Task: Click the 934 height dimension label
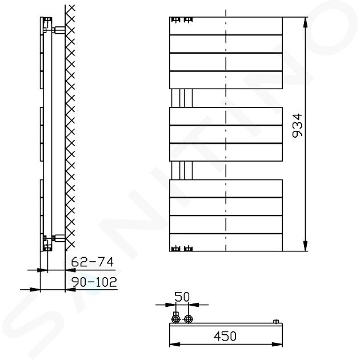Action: point(298,125)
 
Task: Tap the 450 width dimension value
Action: point(225,336)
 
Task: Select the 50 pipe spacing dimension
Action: point(182,297)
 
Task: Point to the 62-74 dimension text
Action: point(93,262)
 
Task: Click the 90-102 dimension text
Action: point(94,282)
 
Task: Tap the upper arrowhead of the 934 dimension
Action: point(305,22)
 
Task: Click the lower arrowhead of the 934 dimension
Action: point(305,246)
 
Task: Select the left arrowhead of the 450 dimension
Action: point(174,345)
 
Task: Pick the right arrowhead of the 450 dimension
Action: point(277,345)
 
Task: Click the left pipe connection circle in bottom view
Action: point(175,319)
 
